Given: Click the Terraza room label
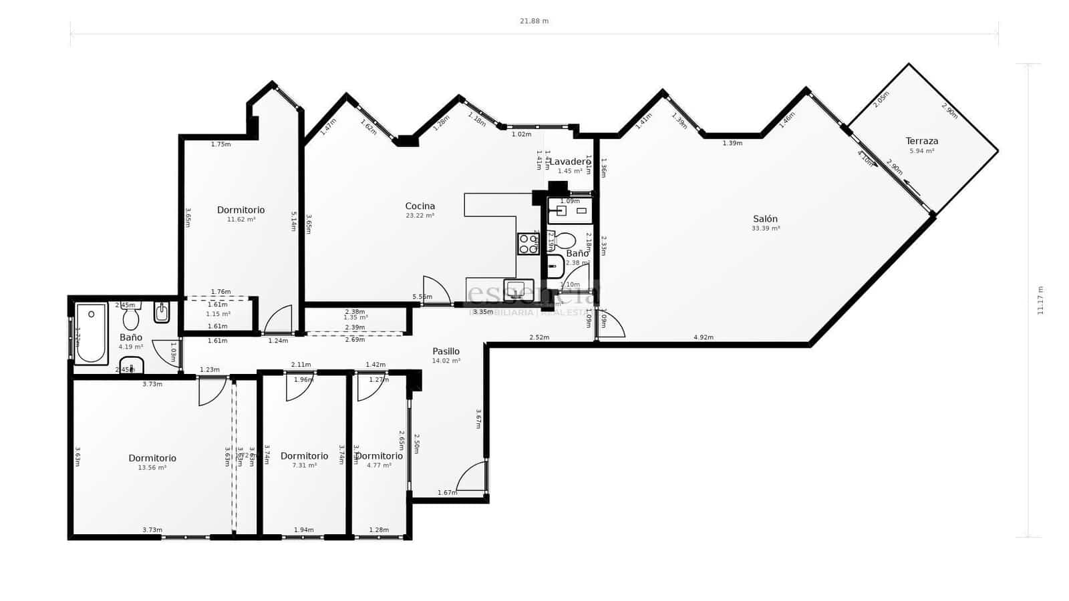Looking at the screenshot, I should click(x=921, y=141).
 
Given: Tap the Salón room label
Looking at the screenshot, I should click(x=765, y=219).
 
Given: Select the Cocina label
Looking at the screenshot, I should click(x=420, y=206).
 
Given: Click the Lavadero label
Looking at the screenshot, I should click(x=570, y=162).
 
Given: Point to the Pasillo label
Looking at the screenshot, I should click(x=446, y=351).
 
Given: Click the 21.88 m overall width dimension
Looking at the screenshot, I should click(x=534, y=21).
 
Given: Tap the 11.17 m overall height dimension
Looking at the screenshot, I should click(x=1040, y=300).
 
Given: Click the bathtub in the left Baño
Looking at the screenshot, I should click(x=91, y=333).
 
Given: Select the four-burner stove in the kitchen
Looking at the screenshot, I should click(x=528, y=244).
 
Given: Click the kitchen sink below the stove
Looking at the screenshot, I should click(x=516, y=289).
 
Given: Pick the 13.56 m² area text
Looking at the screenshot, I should click(x=152, y=467).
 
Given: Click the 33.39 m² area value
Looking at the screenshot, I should click(x=765, y=228).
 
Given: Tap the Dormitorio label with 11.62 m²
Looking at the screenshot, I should click(x=241, y=210).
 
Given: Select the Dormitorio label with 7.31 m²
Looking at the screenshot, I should click(x=304, y=456).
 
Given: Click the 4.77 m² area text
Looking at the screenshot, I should click(x=379, y=465).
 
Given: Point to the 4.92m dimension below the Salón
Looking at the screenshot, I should click(x=703, y=337).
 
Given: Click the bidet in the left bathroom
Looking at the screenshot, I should click(x=162, y=312).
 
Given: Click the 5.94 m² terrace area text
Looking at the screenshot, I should click(x=921, y=151).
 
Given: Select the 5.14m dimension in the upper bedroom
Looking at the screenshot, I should click(x=293, y=221).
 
